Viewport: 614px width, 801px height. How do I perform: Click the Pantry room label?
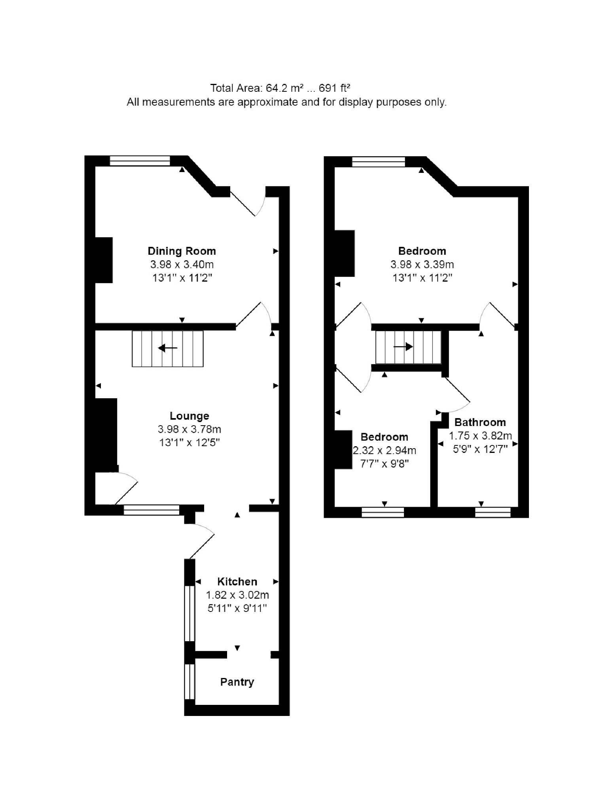point(237,682)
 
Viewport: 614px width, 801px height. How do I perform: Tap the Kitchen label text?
point(237,581)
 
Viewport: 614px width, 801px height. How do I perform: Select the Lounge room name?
point(190,416)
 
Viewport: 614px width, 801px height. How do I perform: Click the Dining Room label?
point(182,251)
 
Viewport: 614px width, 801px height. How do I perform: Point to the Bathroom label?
point(480,422)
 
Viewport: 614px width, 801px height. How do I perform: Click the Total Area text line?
point(281,87)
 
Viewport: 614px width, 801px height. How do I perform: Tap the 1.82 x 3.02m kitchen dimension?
point(237,595)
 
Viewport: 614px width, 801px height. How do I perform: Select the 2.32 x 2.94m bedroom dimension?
point(385,450)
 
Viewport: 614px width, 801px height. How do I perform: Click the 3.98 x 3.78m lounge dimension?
point(190,429)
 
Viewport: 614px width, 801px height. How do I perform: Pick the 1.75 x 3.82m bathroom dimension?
point(480,436)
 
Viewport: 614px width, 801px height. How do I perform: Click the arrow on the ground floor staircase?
point(168,348)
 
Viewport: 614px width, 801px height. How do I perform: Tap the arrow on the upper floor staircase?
point(403,347)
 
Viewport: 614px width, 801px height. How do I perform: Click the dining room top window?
point(140,161)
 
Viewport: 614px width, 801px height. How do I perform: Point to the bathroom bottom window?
point(493,512)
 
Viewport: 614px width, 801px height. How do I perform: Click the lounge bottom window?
point(152,510)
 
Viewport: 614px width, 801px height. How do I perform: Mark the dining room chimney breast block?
point(104,260)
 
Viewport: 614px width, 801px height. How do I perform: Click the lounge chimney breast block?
point(106,435)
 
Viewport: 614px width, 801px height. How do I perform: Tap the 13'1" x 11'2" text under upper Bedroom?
point(422,278)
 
